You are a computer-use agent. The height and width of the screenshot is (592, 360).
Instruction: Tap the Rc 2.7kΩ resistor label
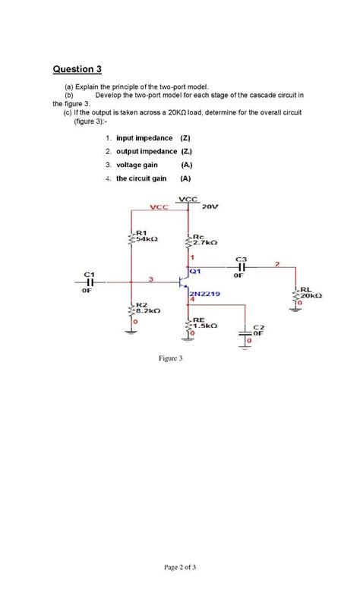205,239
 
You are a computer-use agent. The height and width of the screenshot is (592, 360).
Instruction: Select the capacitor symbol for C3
242,266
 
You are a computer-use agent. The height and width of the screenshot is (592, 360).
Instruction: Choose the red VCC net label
159,207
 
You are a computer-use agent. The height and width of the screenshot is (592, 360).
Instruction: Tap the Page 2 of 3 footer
179,566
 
